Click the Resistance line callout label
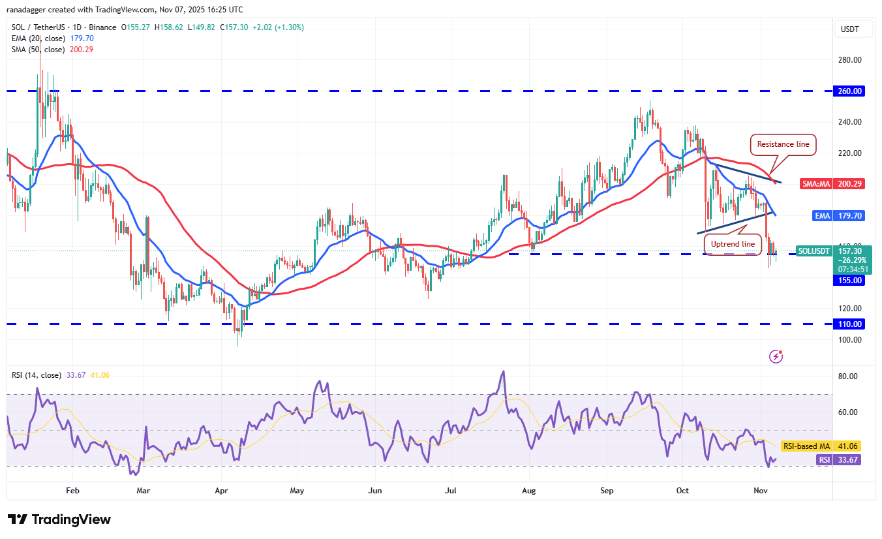point(783,145)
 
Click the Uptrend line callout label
point(733,244)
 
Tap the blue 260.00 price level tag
point(849,91)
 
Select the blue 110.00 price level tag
point(849,324)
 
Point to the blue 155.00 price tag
point(849,281)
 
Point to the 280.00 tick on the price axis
point(849,60)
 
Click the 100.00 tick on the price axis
point(849,339)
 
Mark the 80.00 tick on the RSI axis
point(847,377)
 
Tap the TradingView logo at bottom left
point(59,519)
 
